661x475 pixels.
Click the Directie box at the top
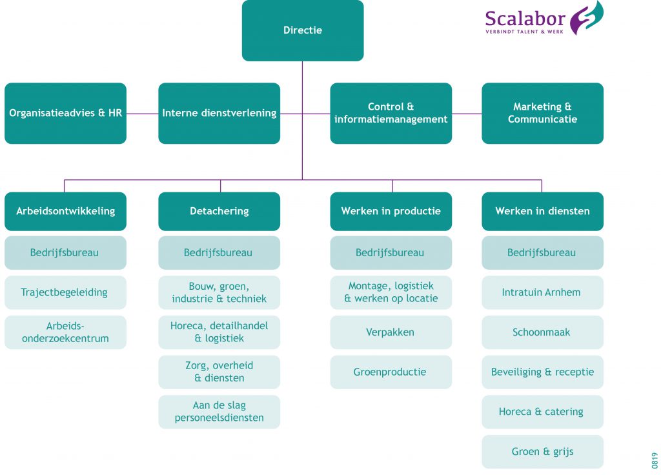(302, 30)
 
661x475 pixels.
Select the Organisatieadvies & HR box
(65, 113)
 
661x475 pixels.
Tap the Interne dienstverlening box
(219, 113)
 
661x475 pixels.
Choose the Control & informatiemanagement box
(391, 113)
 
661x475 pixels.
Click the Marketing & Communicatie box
(542, 113)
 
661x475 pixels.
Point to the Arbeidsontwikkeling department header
(65, 211)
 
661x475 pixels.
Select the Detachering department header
(219, 211)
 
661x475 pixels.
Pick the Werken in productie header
(391, 211)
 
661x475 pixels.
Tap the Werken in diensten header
(542, 211)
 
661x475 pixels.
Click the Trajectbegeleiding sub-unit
(65, 292)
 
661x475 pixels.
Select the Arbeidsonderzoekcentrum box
(65, 332)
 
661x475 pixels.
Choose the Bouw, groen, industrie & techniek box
(219, 292)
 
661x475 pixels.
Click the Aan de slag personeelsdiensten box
(219, 412)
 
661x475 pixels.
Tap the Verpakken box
(391, 332)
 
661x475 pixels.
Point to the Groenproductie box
(391, 372)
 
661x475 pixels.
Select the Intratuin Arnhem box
(542, 292)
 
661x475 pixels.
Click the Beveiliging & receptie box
(542, 372)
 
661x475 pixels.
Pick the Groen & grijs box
(542, 452)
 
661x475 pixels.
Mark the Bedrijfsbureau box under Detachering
(219, 252)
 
